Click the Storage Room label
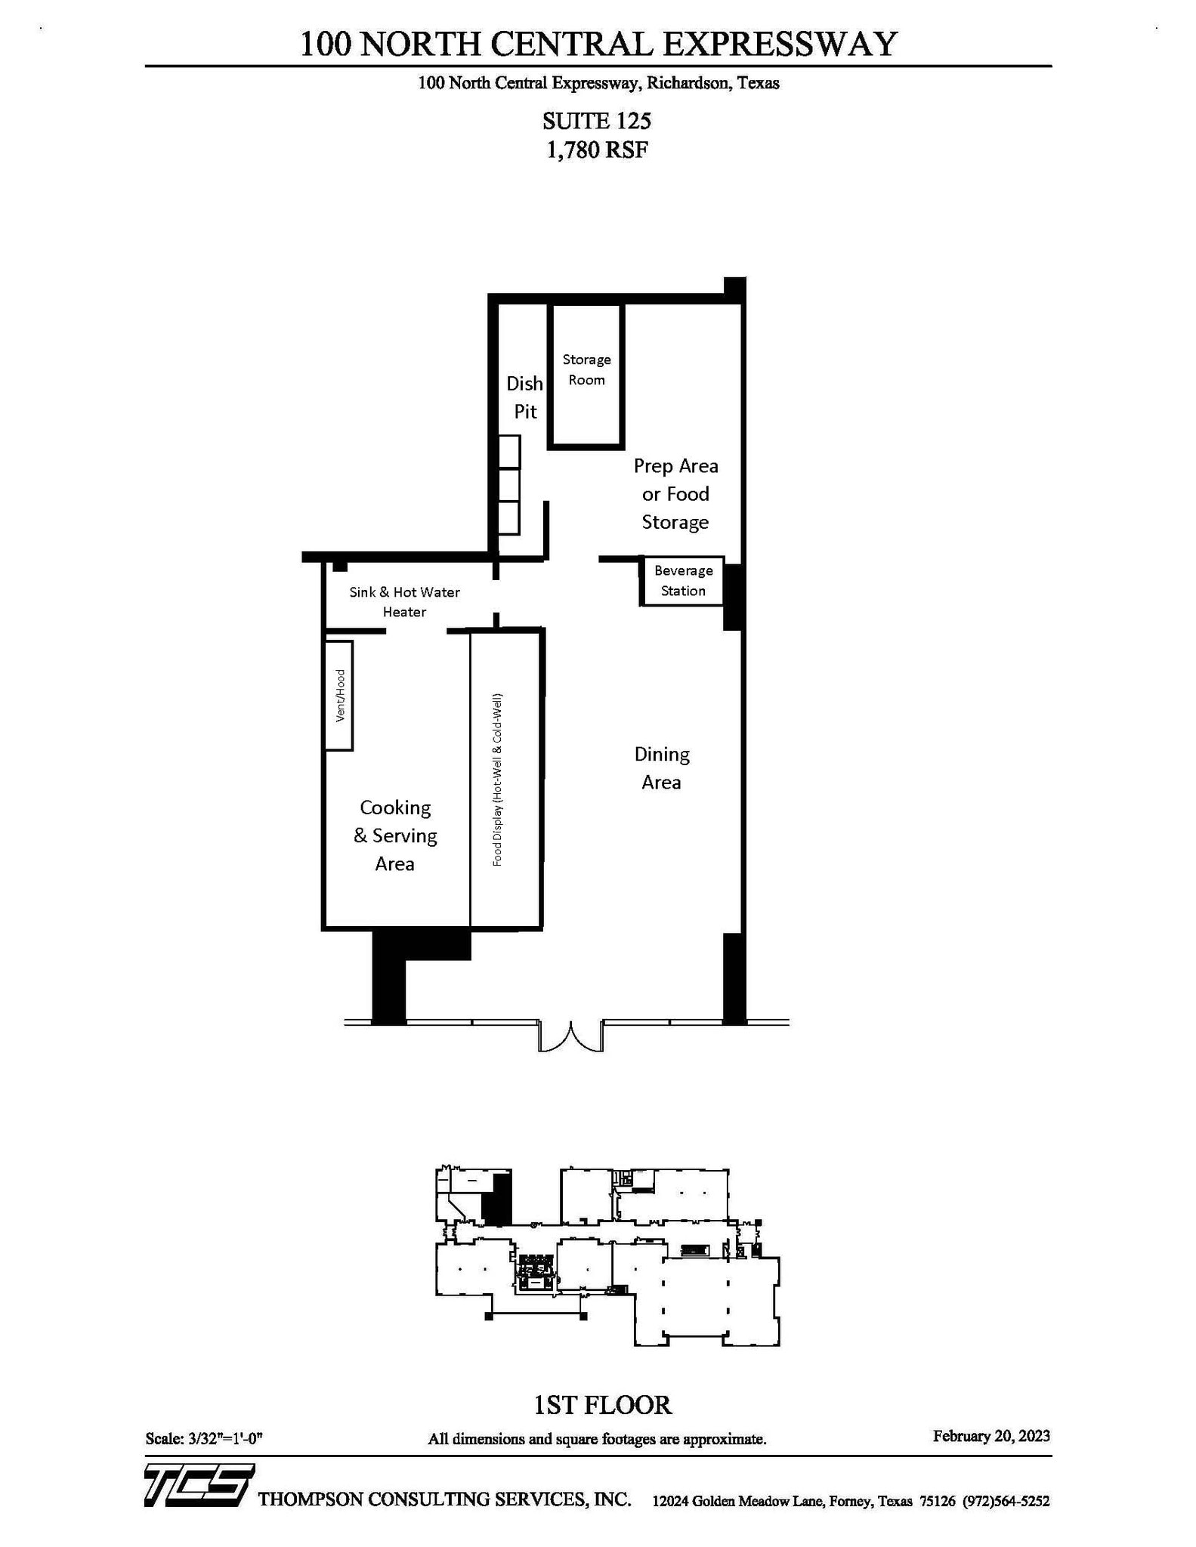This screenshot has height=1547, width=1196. pos(586,370)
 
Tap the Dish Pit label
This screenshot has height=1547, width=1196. pos(525,397)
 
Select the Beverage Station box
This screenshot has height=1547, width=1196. pos(683,581)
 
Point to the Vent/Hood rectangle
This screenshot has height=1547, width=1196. pos(339,696)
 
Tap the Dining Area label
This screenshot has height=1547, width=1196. pos(662,768)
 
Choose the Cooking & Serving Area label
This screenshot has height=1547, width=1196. pos(395,835)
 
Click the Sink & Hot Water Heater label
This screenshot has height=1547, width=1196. pos(404,602)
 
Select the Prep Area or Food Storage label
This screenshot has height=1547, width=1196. pos(675,494)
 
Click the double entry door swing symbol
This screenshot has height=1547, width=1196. pos(570,1036)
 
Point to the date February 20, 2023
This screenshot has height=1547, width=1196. pos(991,1436)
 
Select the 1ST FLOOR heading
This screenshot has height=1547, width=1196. pos(602,1405)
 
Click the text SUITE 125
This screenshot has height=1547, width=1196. pos(597,121)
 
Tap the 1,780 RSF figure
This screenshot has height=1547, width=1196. pos(597,150)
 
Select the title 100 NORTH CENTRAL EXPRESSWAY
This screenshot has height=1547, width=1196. pos(598,44)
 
